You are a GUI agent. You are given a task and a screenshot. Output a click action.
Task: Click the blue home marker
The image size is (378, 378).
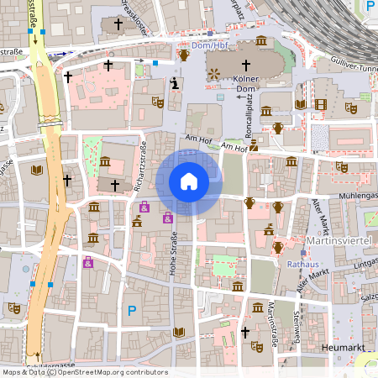(189, 181)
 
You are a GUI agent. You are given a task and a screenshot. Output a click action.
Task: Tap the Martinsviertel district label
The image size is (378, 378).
(339, 242)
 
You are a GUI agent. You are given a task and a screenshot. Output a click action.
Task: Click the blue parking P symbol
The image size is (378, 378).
(131, 311)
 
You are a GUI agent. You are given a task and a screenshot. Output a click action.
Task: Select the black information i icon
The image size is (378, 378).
(174, 82)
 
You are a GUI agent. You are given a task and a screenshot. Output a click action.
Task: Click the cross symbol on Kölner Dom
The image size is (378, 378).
(246, 66)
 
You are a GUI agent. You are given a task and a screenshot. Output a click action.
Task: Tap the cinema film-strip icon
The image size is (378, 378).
(320, 104)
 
